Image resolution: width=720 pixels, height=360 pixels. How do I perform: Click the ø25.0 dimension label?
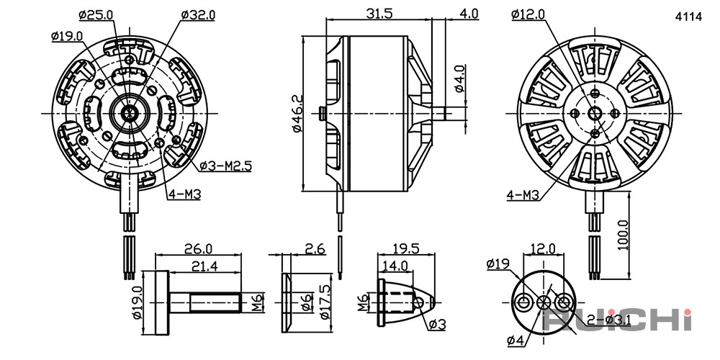96,15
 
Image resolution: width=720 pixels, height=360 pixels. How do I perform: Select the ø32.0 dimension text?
198,15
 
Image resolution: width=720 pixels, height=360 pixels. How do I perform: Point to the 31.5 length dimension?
379,14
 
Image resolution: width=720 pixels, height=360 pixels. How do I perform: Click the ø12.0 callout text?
528,14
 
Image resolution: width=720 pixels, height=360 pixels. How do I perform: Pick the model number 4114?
688,17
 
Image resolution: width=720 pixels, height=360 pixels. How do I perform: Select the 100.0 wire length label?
623,235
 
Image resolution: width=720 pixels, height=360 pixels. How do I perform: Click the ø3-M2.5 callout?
226,166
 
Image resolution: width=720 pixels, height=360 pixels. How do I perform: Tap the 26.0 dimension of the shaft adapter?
199,249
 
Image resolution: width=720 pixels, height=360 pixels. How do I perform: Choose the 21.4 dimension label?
199,266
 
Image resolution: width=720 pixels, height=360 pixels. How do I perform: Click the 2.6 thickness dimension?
315,249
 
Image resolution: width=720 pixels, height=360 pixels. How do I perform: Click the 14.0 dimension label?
395,266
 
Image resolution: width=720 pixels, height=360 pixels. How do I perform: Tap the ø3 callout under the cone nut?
437,325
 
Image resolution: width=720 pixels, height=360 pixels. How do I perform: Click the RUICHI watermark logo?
617,320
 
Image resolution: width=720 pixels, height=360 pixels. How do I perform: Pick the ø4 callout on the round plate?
516,341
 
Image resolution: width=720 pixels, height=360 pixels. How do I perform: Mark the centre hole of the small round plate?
543,302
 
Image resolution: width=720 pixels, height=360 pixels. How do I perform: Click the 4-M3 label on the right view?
522,196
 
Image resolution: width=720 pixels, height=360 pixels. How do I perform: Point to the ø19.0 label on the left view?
67,36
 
